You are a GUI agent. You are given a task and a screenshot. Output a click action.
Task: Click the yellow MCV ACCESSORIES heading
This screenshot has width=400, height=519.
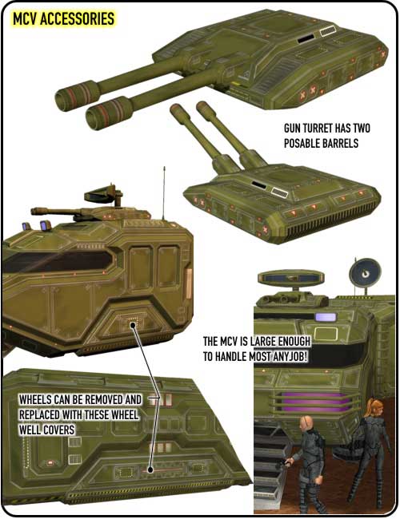click(x=63, y=19)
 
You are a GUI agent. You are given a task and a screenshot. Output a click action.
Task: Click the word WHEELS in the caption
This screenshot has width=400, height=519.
click(x=35, y=399)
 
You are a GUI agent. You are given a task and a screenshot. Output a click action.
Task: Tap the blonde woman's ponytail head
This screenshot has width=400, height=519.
click(x=374, y=407)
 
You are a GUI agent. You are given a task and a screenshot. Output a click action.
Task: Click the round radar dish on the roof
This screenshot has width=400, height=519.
click(x=365, y=273)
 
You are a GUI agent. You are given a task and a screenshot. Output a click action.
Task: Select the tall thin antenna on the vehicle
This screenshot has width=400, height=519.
click(x=163, y=193)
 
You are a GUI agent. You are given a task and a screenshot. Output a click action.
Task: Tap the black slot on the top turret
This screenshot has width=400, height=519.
click(x=306, y=39)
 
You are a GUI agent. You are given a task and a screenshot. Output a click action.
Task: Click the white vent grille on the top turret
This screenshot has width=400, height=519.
click(x=328, y=31)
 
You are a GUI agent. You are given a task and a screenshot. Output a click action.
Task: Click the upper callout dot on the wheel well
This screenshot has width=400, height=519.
click(x=133, y=325)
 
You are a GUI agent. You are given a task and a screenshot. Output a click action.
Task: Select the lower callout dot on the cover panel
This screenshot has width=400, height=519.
click(x=150, y=469)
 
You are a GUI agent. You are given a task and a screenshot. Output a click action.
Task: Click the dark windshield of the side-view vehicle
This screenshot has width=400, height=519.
click(x=58, y=261)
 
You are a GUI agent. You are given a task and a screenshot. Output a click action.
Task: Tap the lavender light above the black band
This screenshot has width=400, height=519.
click(x=326, y=318)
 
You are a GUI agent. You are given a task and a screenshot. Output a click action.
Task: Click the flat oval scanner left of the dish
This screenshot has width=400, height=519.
click(x=291, y=277)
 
